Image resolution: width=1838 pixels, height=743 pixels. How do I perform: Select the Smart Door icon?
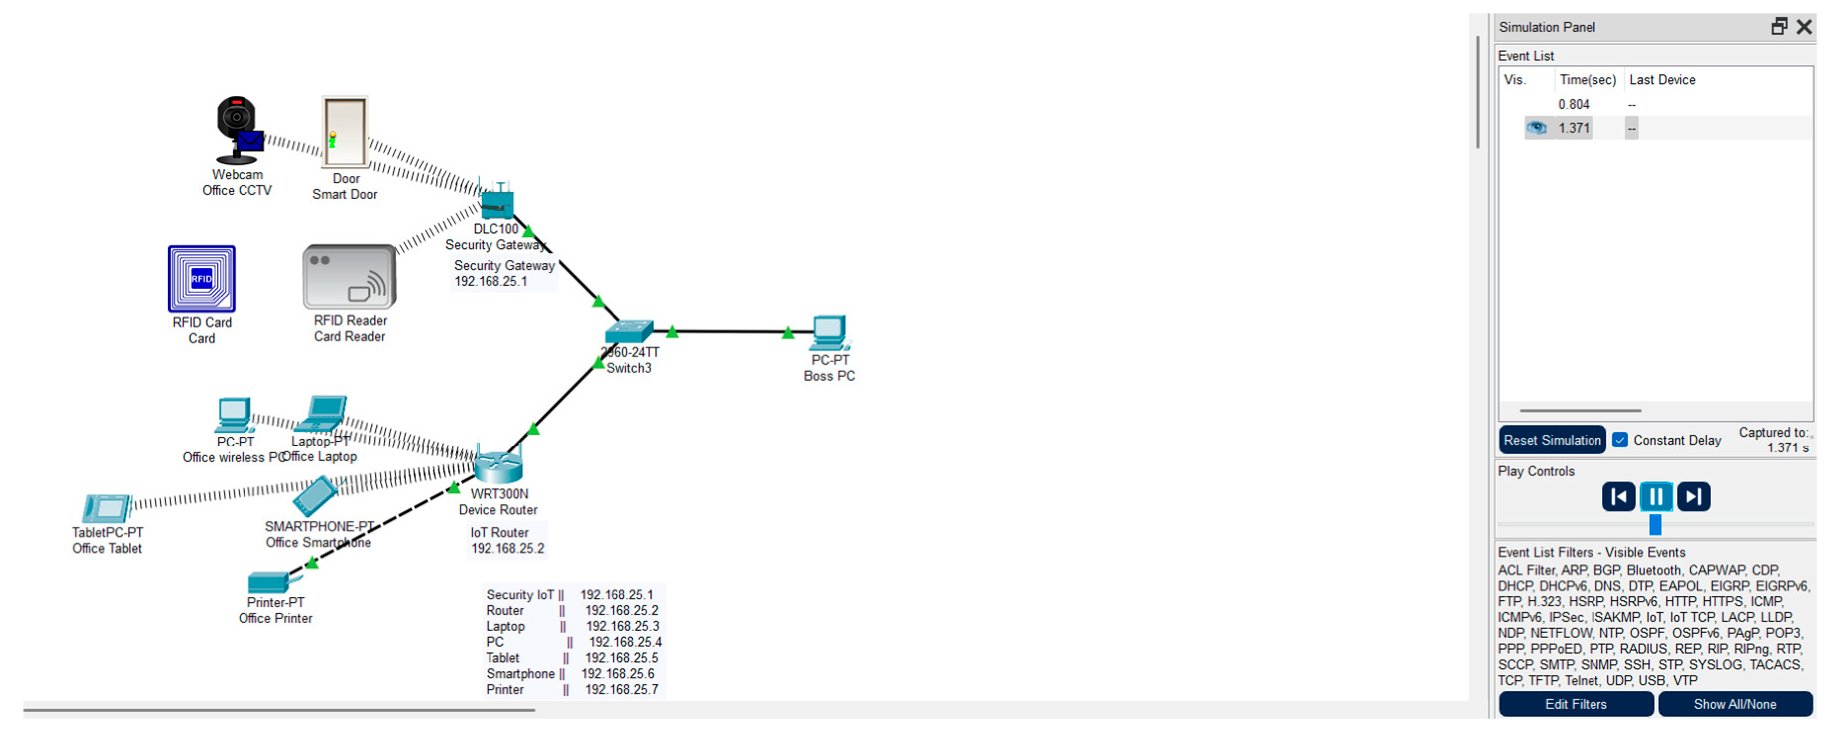pyautogui.click(x=345, y=133)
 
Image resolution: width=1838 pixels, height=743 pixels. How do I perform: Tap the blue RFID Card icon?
pyautogui.click(x=201, y=279)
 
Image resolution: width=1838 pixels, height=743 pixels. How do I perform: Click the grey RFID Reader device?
pyautogui.click(x=349, y=277)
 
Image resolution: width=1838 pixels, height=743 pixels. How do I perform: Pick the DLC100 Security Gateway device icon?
pyautogui.click(x=497, y=203)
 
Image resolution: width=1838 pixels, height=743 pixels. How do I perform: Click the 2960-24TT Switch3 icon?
pyautogui.click(x=628, y=332)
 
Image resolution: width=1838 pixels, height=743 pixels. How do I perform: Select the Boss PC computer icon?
pyautogui.click(x=829, y=332)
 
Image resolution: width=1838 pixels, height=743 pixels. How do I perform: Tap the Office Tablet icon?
pyautogui.click(x=106, y=508)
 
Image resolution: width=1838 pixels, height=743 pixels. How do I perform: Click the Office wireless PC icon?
pyautogui.click(x=234, y=414)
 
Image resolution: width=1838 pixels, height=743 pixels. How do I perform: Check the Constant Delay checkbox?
pyautogui.click(x=1620, y=440)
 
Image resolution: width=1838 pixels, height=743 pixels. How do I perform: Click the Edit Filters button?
pyautogui.click(x=1576, y=704)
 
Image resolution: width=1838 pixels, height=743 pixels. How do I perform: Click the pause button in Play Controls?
pyautogui.click(x=1656, y=496)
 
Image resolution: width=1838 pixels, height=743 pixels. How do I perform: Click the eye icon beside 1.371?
pyautogui.click(x=1536, y=128)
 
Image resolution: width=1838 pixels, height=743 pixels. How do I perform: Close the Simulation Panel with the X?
pyautogui.click(x=1804, y=27)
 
